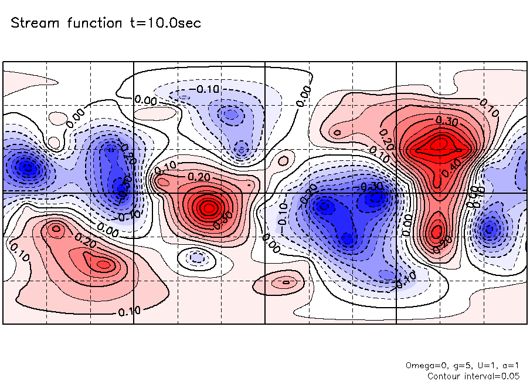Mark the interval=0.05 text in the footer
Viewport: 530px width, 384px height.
tap(493, 376)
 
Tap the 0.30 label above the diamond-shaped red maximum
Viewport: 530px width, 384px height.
tap(447, 120)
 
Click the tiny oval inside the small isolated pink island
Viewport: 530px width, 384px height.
tap(286, 282)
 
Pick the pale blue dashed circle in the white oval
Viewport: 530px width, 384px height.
tap(197, 257)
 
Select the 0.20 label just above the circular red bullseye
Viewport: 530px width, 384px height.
tap(198, 177)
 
